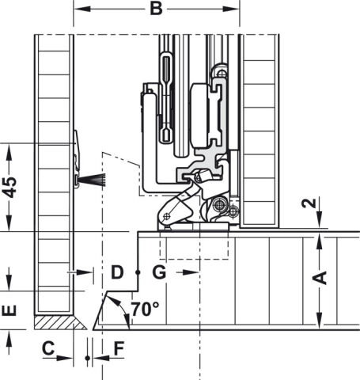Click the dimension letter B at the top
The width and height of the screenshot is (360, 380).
[x=156, y=9]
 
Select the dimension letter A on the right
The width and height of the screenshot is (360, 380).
[x=320, y=278]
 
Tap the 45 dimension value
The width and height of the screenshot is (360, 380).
[x=9, y=188]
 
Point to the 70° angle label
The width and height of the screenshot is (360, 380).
[x=145, y=309]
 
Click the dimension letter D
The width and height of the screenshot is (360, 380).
[x=117, y=272]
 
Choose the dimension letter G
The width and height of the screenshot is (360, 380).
[x=159, y=272]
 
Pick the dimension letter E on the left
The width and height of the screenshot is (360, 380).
[x=9, y=310]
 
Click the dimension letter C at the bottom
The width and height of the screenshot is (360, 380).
[x=48, y=348]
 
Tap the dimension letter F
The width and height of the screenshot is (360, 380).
[x=119, y=348]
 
